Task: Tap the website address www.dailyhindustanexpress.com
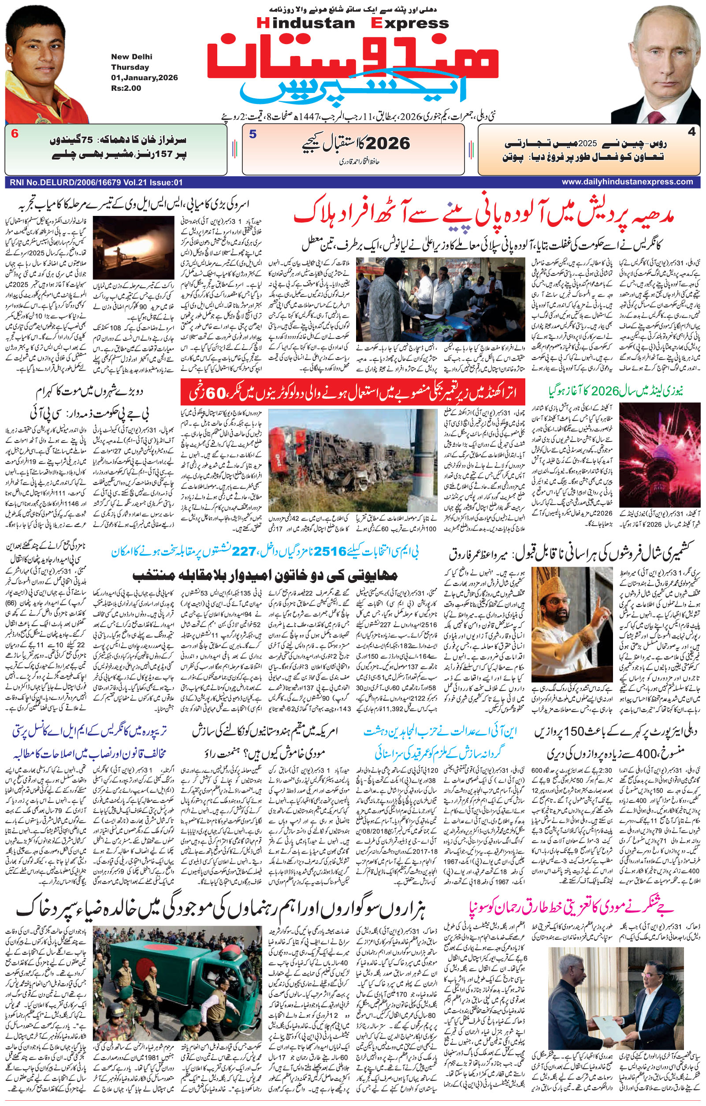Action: click(627, 182)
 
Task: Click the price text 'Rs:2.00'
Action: click(126, 88)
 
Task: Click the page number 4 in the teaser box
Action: click(691, 132)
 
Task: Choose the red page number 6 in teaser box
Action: click(15, 134)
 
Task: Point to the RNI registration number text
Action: click(94, 182)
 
